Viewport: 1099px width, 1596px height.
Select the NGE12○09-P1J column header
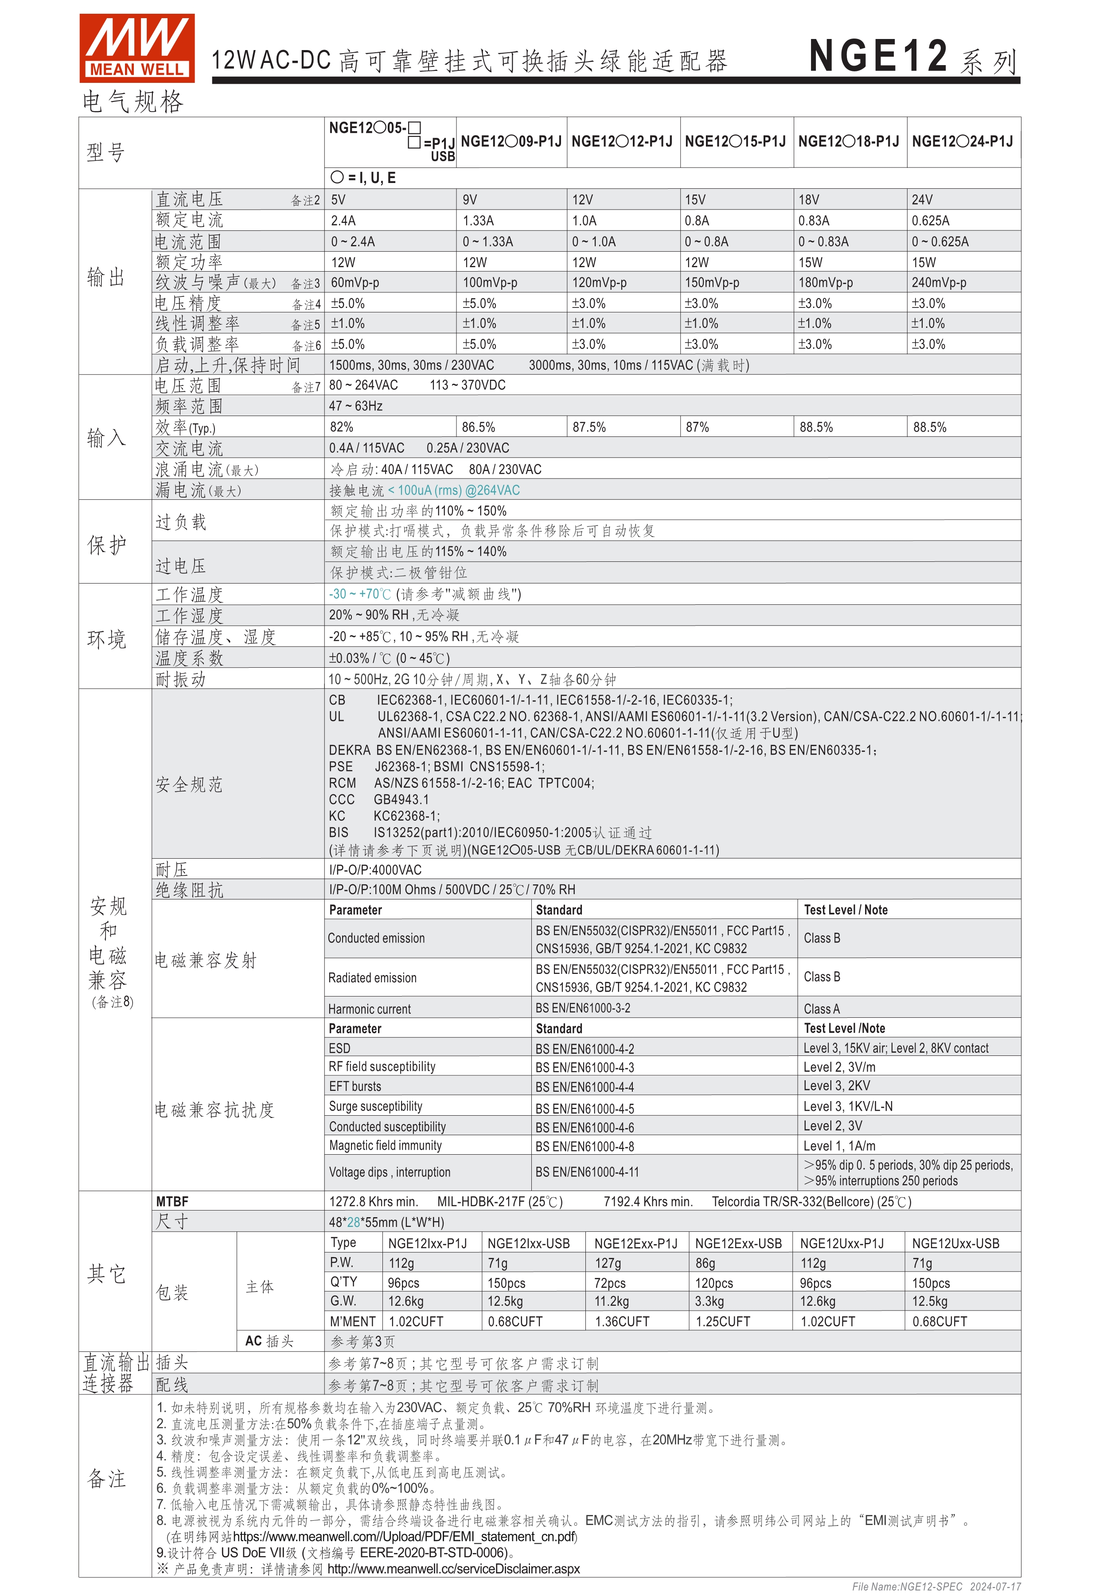pos(511,142)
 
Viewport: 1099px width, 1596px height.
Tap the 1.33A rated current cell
pos(478,221)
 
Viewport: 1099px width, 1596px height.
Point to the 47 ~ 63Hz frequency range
pos(355,406)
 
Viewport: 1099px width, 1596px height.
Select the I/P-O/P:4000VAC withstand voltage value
pos(375,870)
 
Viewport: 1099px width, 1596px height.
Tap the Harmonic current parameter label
pos(369,1009)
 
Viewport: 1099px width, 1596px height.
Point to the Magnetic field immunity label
pos(385,1146)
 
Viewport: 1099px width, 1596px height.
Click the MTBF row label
pos(172,1202)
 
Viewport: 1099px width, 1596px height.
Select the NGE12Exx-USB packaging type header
pos(738,1243)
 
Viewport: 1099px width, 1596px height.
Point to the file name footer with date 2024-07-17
pos(936,1586)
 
